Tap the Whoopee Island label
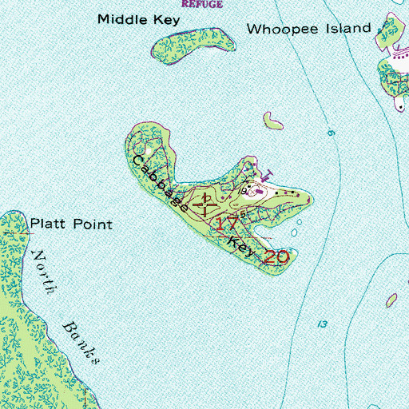308,29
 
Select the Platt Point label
71,224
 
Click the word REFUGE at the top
203,4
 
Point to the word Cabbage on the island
163,182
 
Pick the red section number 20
275,257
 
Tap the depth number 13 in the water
322,324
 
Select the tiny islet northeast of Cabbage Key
272,121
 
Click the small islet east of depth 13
391,300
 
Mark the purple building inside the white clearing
258,190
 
